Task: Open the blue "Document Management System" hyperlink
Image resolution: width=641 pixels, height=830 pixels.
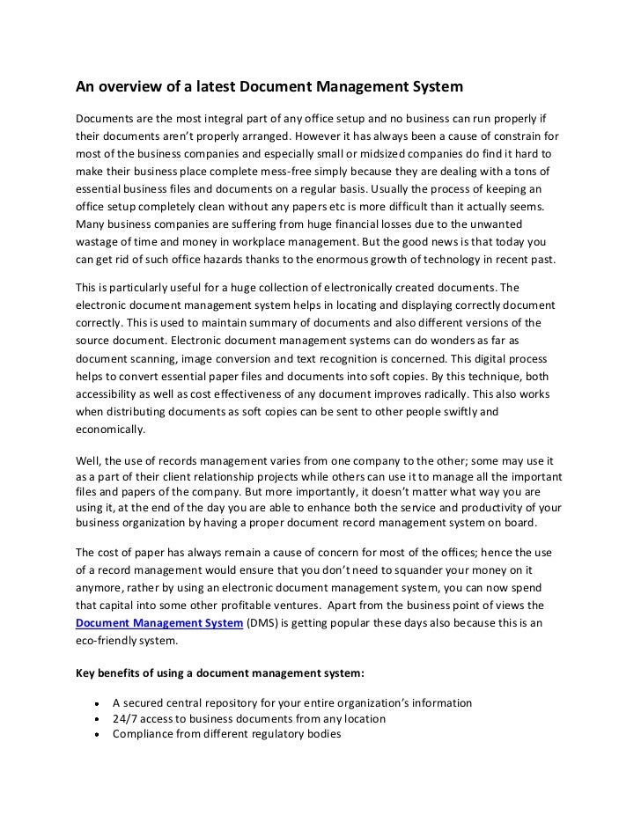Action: point(158,623)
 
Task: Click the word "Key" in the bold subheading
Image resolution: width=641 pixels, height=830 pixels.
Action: point(85,674)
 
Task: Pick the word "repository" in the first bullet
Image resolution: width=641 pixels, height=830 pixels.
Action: point(235,703)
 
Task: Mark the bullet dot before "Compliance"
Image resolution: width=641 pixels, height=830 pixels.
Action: point(93,734)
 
